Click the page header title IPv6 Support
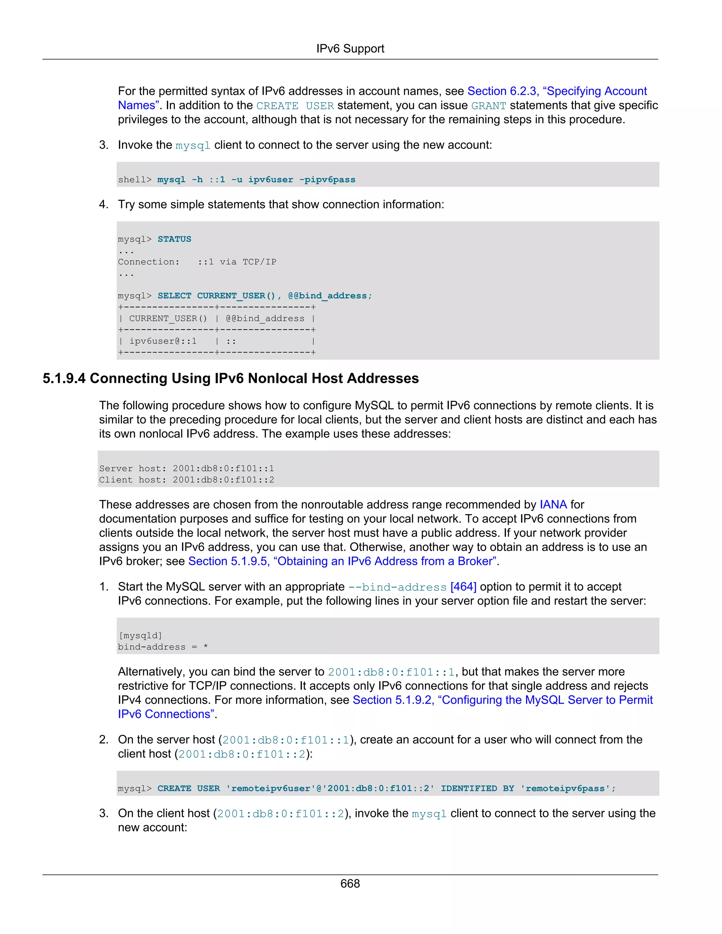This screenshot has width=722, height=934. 350,49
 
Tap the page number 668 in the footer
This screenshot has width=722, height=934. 350,883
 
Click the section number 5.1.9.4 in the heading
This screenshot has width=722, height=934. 64,379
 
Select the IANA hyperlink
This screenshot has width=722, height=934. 553,505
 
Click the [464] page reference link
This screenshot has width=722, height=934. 463,587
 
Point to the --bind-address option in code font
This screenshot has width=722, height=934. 397,588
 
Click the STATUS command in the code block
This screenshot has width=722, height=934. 174,239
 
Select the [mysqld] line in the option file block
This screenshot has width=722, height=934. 140,636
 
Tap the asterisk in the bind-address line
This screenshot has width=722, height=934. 206,647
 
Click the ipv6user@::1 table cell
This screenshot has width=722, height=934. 163,341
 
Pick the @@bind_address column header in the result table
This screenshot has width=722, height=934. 265,319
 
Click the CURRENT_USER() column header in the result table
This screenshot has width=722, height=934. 168,319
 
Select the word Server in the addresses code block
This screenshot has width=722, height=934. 116,469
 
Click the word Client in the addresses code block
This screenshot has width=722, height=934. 116,480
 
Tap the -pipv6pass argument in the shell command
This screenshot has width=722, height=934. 327,180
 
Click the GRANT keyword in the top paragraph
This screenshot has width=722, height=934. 489,106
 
